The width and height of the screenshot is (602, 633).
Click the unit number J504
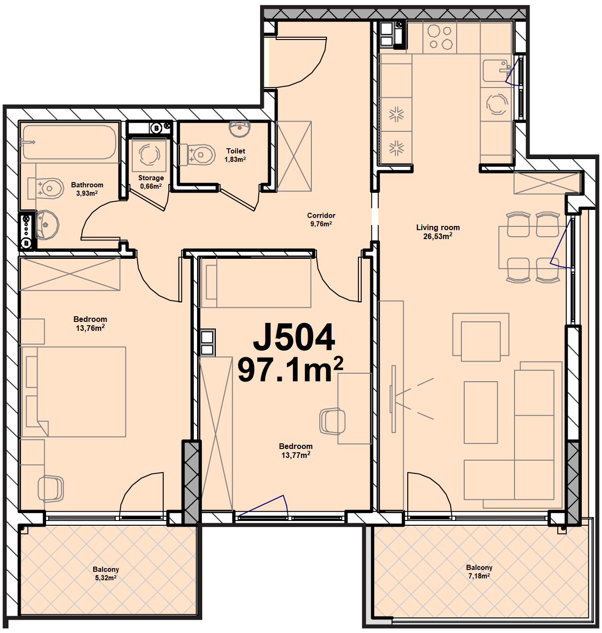[x=294, y=337]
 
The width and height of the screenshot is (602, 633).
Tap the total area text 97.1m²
[x=290, y=369]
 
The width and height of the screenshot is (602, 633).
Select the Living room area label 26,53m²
[x=437, y=236]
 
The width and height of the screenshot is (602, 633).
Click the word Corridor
[x=321, y=215]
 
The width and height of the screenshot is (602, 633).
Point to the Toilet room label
[x=236, y=151]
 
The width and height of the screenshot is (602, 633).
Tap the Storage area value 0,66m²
[x=150, y=186]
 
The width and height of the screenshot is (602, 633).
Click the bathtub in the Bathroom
[x=70, y=142]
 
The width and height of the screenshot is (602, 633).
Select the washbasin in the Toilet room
[x=239, y=129]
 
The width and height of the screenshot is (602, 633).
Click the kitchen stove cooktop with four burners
[x=440, y=38]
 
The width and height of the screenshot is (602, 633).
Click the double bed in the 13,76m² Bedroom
[x=72, y=392]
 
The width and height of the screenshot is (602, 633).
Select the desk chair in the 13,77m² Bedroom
[x=333, y=422]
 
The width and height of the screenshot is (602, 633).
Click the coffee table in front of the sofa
[x=481, y=412]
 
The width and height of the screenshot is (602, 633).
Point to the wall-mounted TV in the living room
[x=393, y=399]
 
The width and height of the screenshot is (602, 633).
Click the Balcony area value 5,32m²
[x=105, y=577]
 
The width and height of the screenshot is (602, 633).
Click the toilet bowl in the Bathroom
[x=46, y=188]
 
